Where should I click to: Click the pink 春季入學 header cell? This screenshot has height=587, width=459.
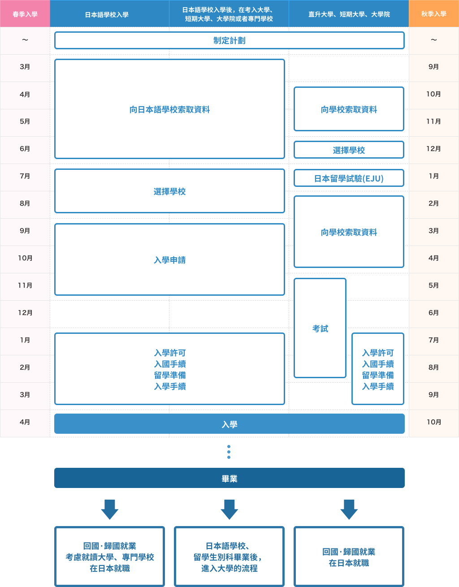25,14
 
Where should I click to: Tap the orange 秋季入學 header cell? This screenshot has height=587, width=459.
433,14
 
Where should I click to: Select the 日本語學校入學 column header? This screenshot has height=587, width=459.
107,14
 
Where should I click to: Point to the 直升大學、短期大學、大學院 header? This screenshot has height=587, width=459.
349,14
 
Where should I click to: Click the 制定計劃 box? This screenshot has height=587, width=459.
229,40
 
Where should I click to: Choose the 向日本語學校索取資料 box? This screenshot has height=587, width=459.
169,109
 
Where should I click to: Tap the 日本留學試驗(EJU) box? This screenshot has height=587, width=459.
349,178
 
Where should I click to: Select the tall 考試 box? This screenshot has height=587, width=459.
320,328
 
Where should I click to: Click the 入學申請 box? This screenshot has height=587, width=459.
169,260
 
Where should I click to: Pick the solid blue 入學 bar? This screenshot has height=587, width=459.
229,424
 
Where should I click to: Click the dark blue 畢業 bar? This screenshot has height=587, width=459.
229,478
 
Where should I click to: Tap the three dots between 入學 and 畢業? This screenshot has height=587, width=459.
229,452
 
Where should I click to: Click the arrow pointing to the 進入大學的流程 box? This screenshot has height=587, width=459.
229,509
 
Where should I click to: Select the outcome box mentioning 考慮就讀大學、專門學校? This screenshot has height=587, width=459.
110,557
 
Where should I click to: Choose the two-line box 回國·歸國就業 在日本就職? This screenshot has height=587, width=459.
349,557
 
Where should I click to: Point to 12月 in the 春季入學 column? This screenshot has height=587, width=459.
25,313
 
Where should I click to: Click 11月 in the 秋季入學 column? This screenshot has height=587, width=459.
433,121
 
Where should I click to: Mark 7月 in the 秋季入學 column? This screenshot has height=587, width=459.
433,340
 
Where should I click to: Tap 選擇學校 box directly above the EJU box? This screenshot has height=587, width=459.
349,150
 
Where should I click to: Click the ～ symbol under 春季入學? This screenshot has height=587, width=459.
25,40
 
